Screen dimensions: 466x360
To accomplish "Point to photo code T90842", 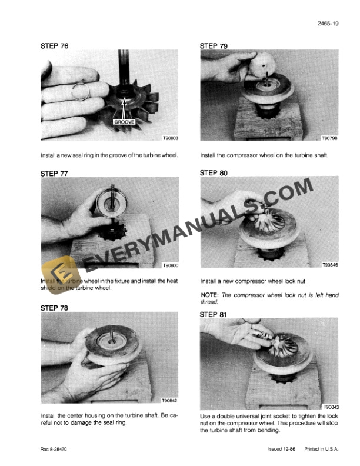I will [x=169, y=401].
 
